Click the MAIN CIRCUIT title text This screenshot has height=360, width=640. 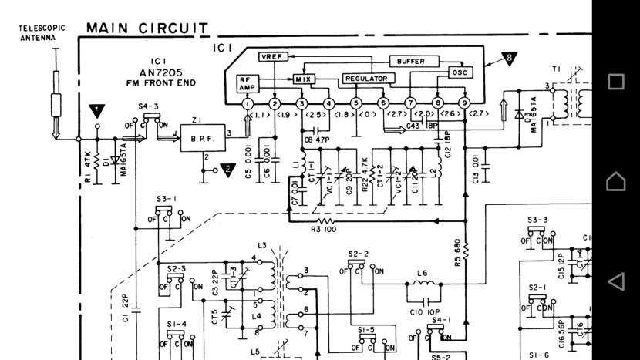147,29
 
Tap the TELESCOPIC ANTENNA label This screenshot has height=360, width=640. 42,32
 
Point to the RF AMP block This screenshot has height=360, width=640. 246,82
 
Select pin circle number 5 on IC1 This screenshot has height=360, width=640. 356,103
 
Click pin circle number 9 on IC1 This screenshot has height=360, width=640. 464,103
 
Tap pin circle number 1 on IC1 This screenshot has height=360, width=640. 247,103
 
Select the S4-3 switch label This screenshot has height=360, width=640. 148,106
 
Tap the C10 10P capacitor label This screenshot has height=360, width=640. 420,311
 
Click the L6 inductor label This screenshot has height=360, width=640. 422,273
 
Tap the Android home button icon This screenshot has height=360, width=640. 615,181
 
